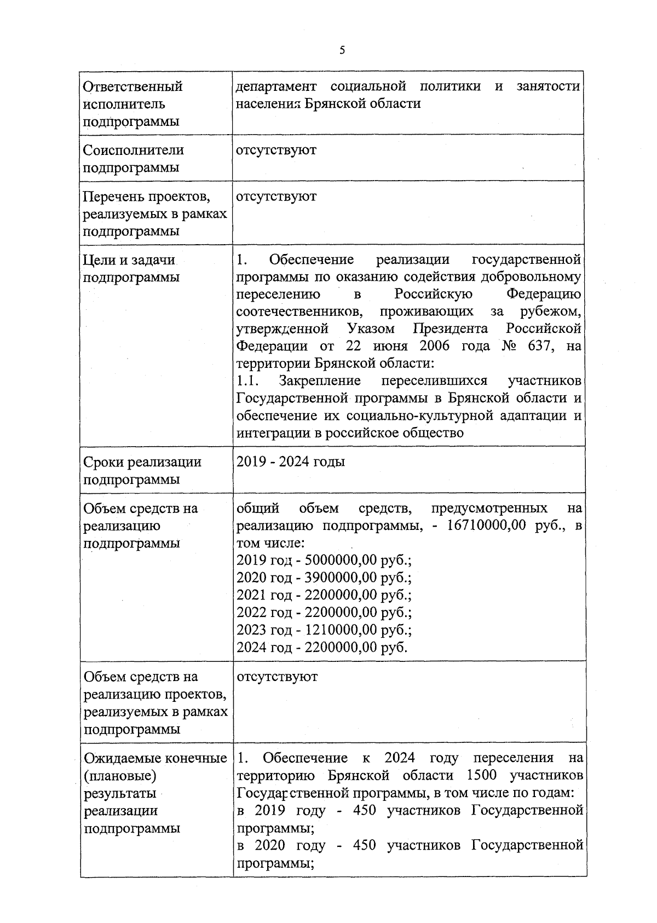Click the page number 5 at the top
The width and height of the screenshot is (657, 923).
pyautogui.click(x=342, y=51)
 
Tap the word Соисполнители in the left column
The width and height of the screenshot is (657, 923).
pyautogui.click(x=133, y=150)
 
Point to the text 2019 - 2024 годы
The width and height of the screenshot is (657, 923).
pyautogui.click(x=291, y=461)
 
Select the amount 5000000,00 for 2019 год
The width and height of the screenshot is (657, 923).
pyautogui.click(x=341, y=561)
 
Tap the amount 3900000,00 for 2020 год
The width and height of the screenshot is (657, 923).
pyautogui.click(x=341, y=578)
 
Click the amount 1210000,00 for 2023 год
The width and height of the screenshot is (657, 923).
pyautogui.click(x=341, y=630)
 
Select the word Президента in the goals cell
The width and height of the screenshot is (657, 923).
pyautogui.click(x=451, y=329)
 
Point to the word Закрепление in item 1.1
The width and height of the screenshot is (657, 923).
pyautogui.click(x=320, y=380)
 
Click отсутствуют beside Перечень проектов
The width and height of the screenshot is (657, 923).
pyautogui.click(x=276, y=197)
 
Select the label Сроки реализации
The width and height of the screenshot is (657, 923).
pyautogui.click(x=142, y=462)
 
